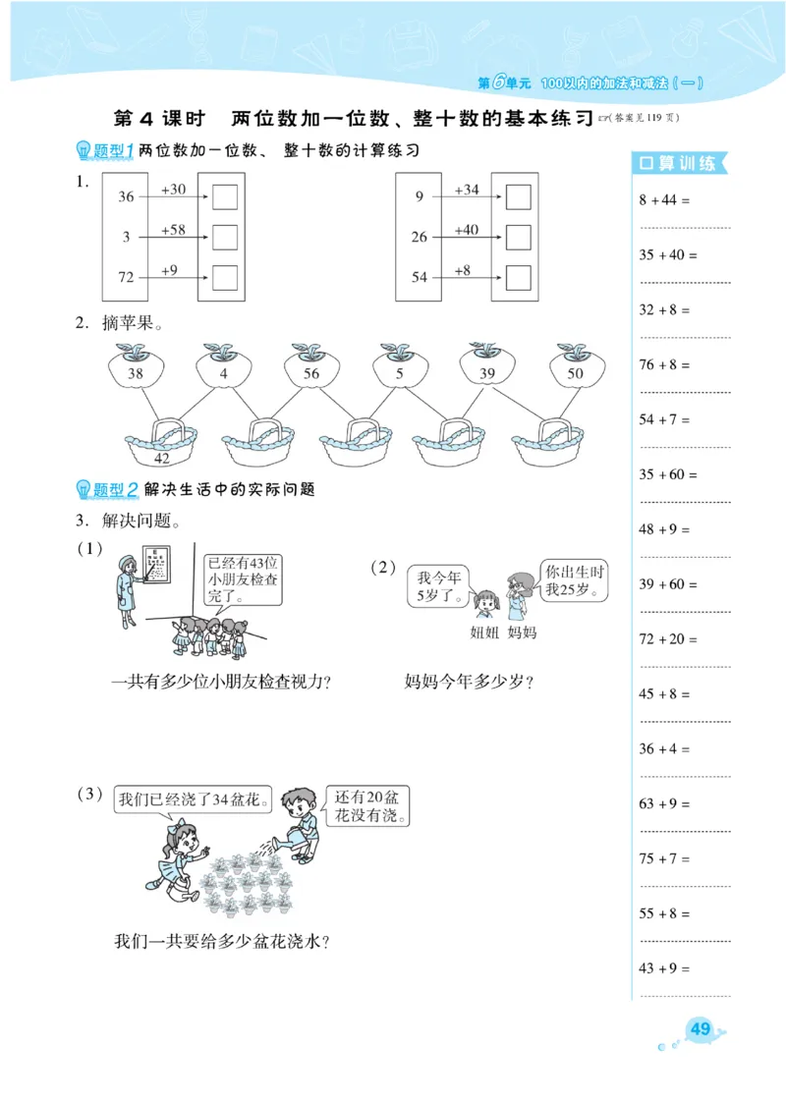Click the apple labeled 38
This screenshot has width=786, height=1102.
pos(136,372)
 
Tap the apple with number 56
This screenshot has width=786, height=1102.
pos(311,372)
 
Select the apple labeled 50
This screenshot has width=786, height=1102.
pos(575,372)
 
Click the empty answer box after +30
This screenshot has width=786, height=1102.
pos(225,197)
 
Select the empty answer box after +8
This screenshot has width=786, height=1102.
pos(518,278)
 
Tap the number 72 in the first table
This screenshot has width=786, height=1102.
pos(126,278)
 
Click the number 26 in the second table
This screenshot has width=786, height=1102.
pos(420,238)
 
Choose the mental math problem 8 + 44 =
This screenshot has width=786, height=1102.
pos(665,200)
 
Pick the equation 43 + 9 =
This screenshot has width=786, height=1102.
pos(665,968)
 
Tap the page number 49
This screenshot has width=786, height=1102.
pos(701,1029)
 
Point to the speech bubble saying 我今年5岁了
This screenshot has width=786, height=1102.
pos(438,582)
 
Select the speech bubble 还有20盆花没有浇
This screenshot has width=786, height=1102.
pos(367,807)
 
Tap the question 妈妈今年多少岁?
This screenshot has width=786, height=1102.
pos(469,681)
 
